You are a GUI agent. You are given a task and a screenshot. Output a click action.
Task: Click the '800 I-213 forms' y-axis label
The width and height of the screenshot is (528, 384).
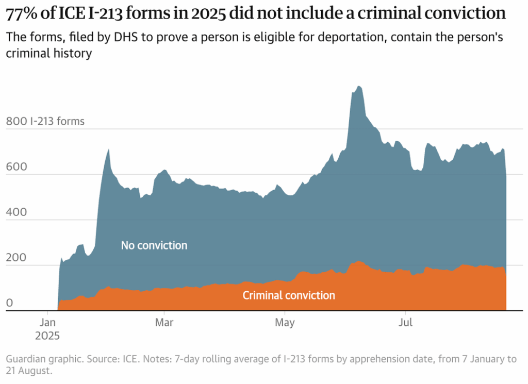coord(45,122)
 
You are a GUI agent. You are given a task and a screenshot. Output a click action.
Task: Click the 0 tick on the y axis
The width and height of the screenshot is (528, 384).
coord(9,304)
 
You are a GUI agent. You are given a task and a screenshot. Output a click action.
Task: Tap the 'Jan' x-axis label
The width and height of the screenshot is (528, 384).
coord(48,323)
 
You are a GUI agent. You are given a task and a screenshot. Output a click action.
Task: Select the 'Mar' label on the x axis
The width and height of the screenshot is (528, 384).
coord(164,323)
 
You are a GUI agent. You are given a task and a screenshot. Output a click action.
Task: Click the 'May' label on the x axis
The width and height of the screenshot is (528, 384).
coord(285,323)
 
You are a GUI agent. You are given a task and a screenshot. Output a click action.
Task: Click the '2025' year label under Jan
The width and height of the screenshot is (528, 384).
coord(48,336)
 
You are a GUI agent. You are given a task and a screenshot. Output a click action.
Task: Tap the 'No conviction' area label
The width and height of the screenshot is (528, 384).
coord(154,245)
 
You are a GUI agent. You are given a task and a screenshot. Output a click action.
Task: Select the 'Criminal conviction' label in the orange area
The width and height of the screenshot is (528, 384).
coord(289,295)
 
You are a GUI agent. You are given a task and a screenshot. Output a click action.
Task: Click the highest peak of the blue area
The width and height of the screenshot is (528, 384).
coord(358,87)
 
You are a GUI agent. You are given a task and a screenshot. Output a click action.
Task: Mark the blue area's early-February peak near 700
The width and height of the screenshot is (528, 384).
coord(108,150)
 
